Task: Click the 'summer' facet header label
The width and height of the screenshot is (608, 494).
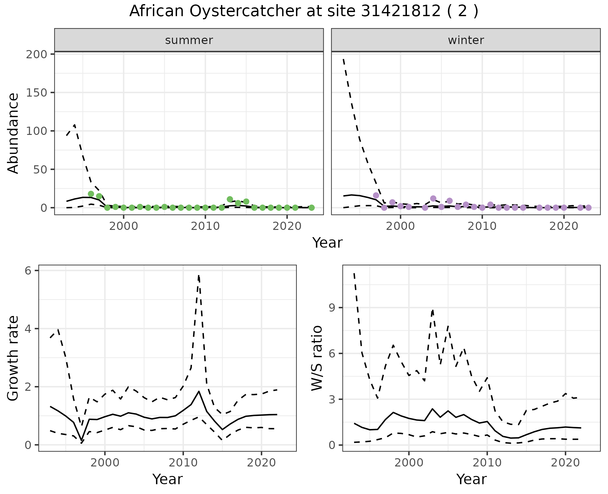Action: pos(189,40)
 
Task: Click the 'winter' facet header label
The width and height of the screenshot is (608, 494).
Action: pos(466,40)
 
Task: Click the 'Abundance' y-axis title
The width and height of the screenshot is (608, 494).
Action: pos(13,133)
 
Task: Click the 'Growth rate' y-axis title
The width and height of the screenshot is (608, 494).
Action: pos(13,358)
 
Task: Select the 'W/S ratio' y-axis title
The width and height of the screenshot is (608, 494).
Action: pos(317,358)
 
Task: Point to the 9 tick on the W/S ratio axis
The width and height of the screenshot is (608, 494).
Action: pos(332,307)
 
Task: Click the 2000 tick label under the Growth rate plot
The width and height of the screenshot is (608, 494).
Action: pos(105,463)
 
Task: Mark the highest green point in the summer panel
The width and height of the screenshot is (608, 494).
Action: pos(91,194)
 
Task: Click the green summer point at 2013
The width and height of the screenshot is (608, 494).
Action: pos(230,199)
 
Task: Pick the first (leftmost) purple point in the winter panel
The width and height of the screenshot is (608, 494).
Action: pos(376,195)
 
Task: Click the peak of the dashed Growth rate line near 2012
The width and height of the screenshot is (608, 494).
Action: pos(199,275)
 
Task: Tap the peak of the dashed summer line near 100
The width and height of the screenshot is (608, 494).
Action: pos(74,125)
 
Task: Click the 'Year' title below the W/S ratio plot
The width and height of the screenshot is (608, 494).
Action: pos(471,479)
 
